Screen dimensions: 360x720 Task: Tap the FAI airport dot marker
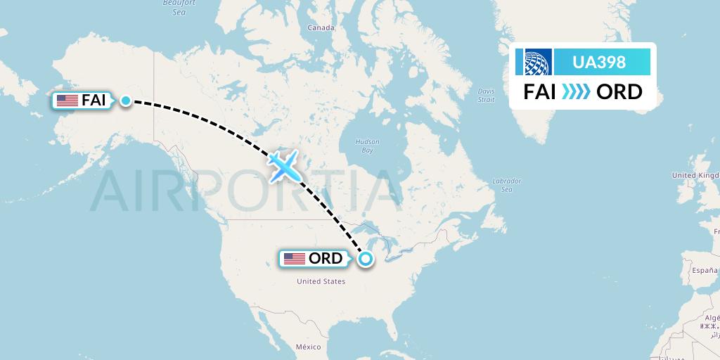[125, 101]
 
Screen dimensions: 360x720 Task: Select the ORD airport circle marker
[366, 259]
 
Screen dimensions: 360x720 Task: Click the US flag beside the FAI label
[67, 101]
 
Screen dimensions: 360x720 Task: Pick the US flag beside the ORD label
[295, 259]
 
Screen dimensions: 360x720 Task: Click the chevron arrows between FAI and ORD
[576, 92]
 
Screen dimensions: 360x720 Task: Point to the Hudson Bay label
[367, 146]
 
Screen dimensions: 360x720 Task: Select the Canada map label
[321, 28]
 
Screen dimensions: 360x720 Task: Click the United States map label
[321, 281]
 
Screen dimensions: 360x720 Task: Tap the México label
[308, 347]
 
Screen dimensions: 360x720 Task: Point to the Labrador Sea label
[506, 185]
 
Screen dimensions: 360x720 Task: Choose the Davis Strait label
[486, 95]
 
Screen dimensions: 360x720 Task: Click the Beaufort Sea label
[179, 8]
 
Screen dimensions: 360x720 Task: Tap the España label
[704, 271]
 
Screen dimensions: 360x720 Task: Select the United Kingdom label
[696, 175]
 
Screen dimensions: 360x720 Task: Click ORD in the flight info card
[619, 92]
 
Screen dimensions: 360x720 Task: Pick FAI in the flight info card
[541, 92]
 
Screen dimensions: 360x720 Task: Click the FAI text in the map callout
[94, 101]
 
